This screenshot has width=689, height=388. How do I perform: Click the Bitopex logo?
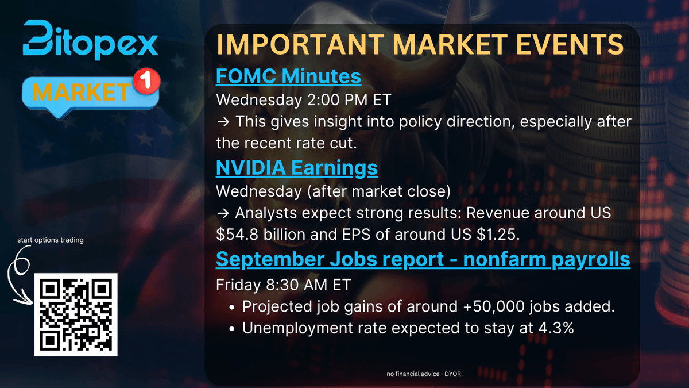pyautogui.click(x=91, y=40)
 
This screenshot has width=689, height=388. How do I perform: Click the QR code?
pyautogui.click(x=76, y=314)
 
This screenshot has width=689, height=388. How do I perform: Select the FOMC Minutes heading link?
pyautogui.click(x=288, y=76)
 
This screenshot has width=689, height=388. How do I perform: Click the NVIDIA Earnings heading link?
pyautogui.click(x=297, y=167)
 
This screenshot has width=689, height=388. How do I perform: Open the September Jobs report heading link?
pyautogui.click(x=423, y=259)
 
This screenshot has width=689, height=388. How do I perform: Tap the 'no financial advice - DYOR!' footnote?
pyautogui.click(x=425, y=375)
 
